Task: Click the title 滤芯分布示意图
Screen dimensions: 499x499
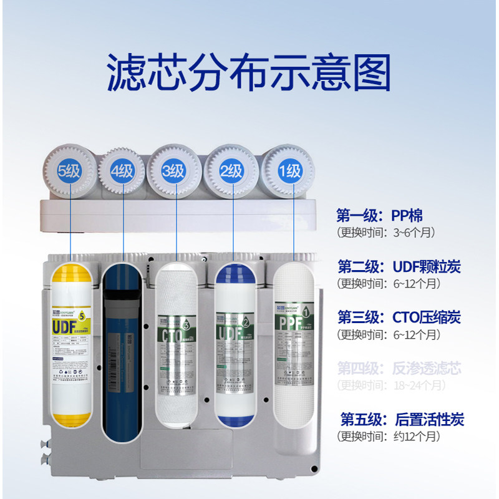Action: [x=249, y=74]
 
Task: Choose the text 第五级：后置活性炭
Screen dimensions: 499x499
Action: [x=401, y=419]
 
